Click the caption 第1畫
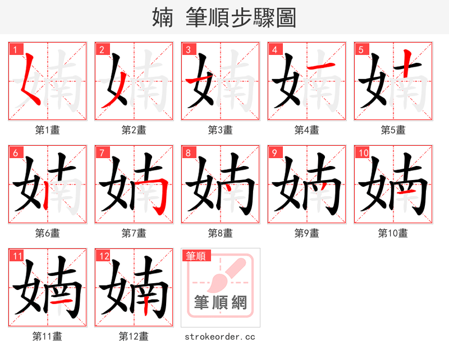tap(48, 130)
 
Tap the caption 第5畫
tap(393, 130)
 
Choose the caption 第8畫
tap(220, 233)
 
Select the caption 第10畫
tap(393, 233)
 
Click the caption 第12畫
tap(134, 336)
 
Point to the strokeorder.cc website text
tap(220, 336)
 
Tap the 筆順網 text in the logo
tap(221, 303)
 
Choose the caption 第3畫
tap(220, 130)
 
